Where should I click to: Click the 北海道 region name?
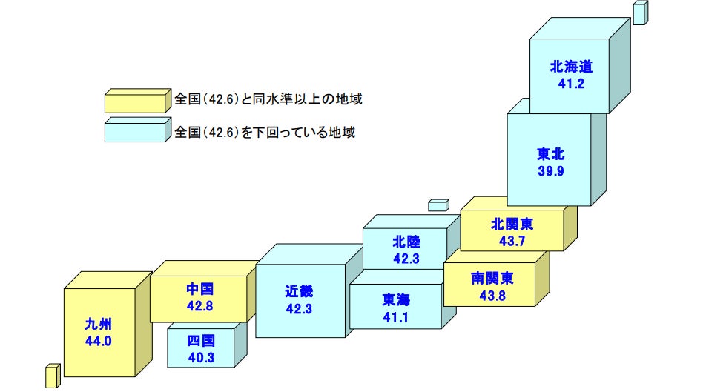pos(572,67)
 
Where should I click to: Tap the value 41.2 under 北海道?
pos(572,84)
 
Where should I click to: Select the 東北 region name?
pos(551,156)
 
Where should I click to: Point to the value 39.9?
pos(551,172)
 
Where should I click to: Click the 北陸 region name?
pos(406,242)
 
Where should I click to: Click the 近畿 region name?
pos(299,290)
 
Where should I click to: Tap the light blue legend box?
pos(135,131)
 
